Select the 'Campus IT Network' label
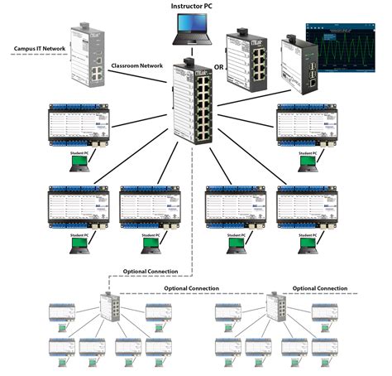click(x=38, y=49)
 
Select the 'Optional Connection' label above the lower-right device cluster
click(x=320, y=288)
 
